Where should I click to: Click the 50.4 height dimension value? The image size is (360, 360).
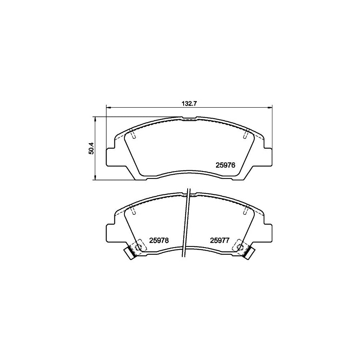(x=91, y=148)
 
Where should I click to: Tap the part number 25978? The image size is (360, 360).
(x=159, y=240)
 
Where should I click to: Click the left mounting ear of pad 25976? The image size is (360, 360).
(x=110, y=157)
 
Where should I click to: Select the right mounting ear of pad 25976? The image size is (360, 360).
(x=267, y=157)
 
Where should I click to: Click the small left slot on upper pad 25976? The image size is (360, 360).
(x=134, y=135)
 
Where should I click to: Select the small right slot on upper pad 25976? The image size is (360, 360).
(x=245, y=135)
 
